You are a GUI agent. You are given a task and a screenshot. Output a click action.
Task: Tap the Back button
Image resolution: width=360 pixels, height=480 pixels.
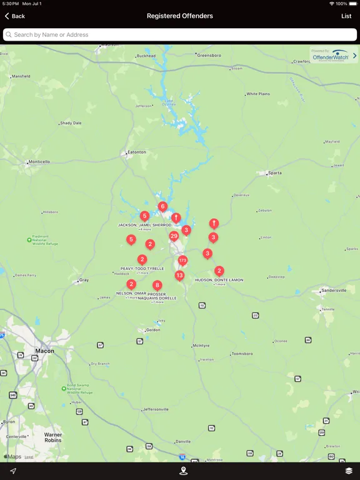pos(15,16)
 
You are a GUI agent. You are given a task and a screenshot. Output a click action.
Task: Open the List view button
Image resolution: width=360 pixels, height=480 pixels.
pos(346,16)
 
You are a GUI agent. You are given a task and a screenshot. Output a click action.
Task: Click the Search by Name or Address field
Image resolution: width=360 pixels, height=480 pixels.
pos(180,35)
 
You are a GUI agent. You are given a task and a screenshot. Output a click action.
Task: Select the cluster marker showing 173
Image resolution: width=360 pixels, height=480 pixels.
pos(182,260)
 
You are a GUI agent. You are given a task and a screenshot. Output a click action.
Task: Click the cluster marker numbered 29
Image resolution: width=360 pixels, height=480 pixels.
pos(174,236)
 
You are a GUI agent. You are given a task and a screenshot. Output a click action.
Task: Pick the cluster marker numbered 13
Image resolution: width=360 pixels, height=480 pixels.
pos(179,275)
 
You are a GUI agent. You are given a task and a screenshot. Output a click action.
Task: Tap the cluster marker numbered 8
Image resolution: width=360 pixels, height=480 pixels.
pos(157,285)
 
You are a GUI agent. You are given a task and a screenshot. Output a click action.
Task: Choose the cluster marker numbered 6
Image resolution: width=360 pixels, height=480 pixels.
pos(162,206)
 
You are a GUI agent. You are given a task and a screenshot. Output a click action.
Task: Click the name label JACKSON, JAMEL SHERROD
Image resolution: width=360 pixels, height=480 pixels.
pos(144,225)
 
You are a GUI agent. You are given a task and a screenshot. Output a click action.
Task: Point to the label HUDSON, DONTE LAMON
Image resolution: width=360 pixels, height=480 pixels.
pos(219,280)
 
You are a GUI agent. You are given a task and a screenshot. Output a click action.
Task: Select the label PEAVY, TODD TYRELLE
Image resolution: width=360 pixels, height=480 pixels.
pos(142,269)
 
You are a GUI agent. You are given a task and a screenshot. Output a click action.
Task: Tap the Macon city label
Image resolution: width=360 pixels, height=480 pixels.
pos(44,351)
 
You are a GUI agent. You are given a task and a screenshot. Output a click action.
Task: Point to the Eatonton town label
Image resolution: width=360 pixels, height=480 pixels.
pos(136,152)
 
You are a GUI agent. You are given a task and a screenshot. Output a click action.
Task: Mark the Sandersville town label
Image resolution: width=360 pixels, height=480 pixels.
pos(333,291)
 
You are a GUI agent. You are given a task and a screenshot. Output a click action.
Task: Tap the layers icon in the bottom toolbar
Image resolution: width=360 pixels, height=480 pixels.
pos(349,471)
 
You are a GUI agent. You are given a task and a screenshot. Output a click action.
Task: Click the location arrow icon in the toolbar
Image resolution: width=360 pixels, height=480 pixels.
pos(12,471)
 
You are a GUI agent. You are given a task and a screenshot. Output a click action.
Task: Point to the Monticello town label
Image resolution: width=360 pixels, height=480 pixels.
pos(39,162)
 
